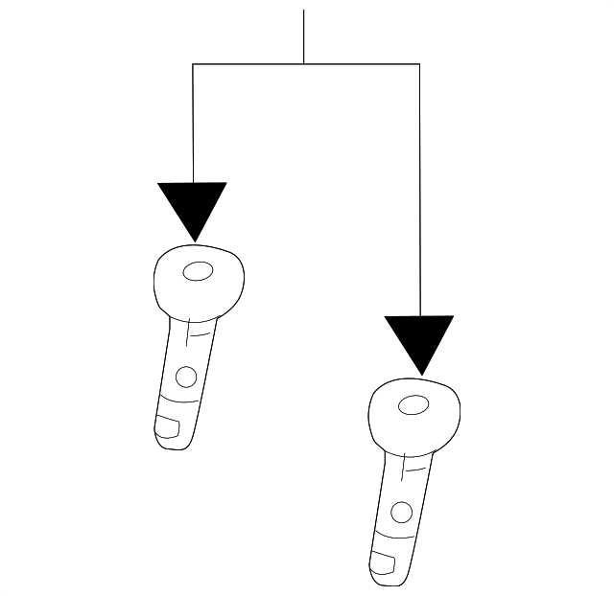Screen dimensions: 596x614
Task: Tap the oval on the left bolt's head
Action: coord(198,272)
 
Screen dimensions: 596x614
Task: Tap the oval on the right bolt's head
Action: coord(413,405)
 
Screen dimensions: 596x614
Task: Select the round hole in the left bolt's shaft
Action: coord(186,375)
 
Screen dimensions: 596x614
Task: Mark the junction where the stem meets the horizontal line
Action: coord(304,64)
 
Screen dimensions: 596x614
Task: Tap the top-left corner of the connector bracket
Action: coord(194,64)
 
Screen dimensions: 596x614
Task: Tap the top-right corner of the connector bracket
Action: coord(419,64)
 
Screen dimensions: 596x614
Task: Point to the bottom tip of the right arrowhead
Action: coord(419,374)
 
